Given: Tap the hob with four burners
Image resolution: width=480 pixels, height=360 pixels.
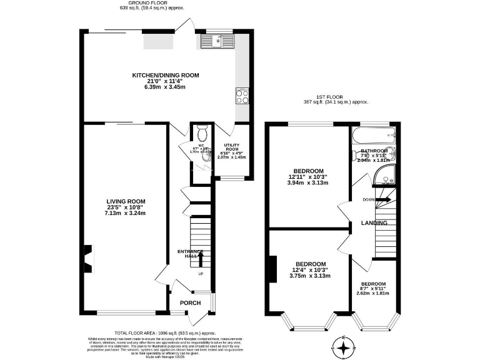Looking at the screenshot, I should (242, 96).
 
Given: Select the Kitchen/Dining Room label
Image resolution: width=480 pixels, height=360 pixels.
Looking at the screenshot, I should (165, 75).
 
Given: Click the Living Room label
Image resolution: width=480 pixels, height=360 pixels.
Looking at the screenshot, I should (125, 201).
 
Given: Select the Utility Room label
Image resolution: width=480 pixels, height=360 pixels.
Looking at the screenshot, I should (231, 147).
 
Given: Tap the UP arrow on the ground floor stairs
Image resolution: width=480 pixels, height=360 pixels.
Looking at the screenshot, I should (201, 257).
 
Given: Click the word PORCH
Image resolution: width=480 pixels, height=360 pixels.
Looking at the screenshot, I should (190, 303).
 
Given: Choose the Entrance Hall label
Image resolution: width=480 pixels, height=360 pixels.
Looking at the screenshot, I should (187, 253).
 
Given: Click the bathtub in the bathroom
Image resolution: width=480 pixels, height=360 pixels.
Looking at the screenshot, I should (373, 134).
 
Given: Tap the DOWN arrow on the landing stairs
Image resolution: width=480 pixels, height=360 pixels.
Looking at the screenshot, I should (382, 200).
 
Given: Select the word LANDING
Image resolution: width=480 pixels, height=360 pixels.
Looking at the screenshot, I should (374, 223).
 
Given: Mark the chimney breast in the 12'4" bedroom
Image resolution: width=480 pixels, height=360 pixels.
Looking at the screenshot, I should (272, 269).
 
